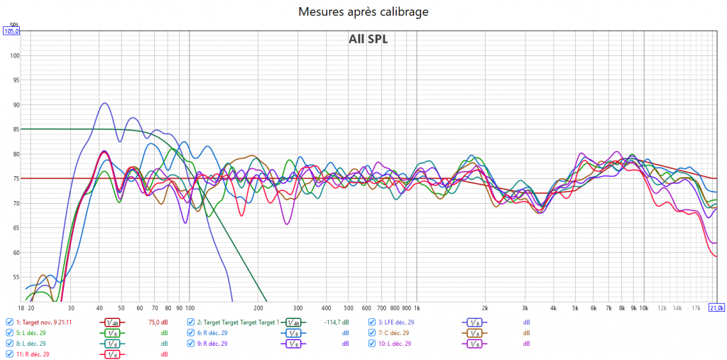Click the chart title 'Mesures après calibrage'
[363, 12]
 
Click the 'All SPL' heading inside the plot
[368, 39]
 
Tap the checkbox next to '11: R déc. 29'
[9, 354]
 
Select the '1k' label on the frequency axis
[417, 307]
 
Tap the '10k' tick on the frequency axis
[643, 307]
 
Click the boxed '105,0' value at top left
[11, 31]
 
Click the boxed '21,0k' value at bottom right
[716, 307]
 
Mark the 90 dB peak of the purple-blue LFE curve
[104, 103]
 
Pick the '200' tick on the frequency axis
[258, 307]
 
